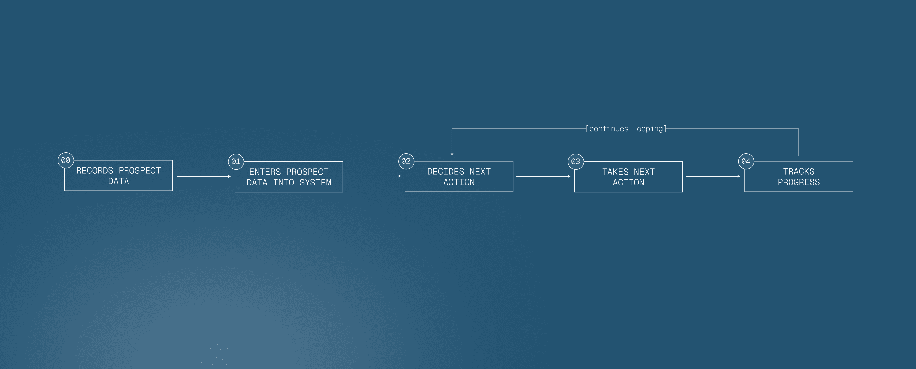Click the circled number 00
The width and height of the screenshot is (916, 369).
[x=66, y=160]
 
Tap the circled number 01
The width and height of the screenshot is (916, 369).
[x=236, y=162]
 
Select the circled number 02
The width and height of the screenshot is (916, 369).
[x=406, y=161]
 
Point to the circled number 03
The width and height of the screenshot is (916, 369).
[x=575, y=162]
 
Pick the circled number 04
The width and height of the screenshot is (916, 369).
[x=746, y=161]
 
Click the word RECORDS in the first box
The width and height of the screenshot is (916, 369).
[x=95, y=171]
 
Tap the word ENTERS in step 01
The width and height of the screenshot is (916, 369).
[x=265, y=172]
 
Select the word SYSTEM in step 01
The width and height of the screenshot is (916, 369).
[x=315, y=183]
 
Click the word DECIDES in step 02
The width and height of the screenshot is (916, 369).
[x=446, y=172]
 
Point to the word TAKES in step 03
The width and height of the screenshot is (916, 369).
[x=615, y=172]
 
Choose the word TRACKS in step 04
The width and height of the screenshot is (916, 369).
[x=798, y=172]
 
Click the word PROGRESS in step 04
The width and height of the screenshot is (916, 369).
[x=798, y=182]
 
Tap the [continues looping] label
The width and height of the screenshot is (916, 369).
[x=626, y=129]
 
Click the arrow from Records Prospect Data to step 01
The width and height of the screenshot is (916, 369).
[x=204, y=176]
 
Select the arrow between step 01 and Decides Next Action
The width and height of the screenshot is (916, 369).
[x=374, y=176]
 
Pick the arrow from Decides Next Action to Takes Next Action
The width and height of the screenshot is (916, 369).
[x=543, y=176]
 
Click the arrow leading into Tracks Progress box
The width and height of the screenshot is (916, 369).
[x=713, y=176]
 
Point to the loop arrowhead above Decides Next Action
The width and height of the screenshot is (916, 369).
[x=452, y=154]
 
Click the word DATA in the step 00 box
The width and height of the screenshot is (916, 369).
[x=118, y=181]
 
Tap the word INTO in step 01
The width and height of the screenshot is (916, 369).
[x=284, y=183]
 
